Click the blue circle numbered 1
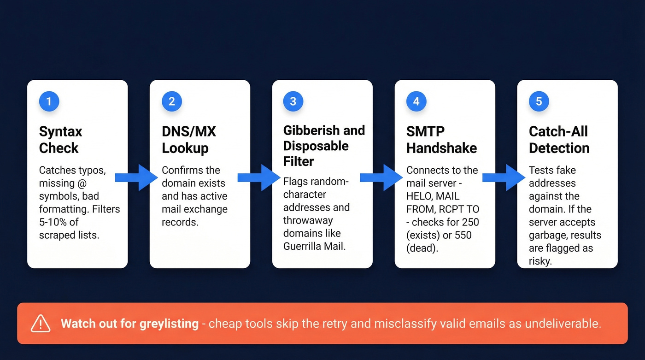[49, 102]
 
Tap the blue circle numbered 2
[171, 102]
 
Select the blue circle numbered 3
[293, 102]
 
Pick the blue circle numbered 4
[416, 102]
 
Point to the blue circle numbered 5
[539, 102]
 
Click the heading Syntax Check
[60, 140]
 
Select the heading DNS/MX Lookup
[188, 140]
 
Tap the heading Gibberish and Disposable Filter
[323, 146]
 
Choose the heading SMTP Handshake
[441, 140]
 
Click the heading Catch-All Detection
[559, 140]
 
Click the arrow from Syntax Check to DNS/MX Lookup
[136, 177]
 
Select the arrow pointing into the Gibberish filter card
[259, 177]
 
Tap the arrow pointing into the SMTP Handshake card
[381, 177]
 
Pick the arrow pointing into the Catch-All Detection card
[504, 177]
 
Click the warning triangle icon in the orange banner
[41, 323]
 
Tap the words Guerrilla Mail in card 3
[313, 246]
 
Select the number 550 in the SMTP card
[463, 235]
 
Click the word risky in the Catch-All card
[540, 261]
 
